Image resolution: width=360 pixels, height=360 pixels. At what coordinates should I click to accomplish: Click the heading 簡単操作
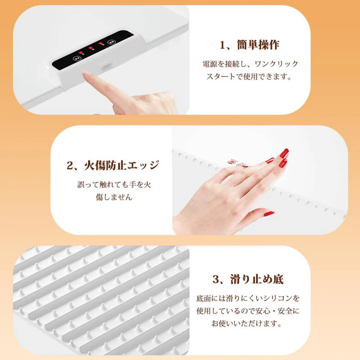coord(260,45)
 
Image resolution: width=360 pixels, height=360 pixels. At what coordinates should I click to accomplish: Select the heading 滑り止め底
coord(257,279)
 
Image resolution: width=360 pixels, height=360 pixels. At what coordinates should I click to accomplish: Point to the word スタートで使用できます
coord(249,77)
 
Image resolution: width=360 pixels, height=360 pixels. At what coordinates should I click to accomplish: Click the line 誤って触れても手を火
coord(114,184)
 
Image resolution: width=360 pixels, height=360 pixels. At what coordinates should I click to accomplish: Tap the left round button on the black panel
coord(76,58)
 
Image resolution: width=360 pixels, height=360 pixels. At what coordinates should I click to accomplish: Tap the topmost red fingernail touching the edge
coord(285,153)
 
